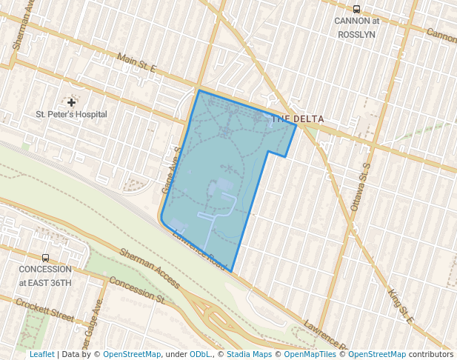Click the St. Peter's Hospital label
[72, 114]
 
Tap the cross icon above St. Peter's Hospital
[71, 102]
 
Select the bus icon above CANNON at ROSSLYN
[356, 10]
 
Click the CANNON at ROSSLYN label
[356, 27]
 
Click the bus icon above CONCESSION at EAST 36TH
[45, 259]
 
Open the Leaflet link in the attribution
[41, 354]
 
